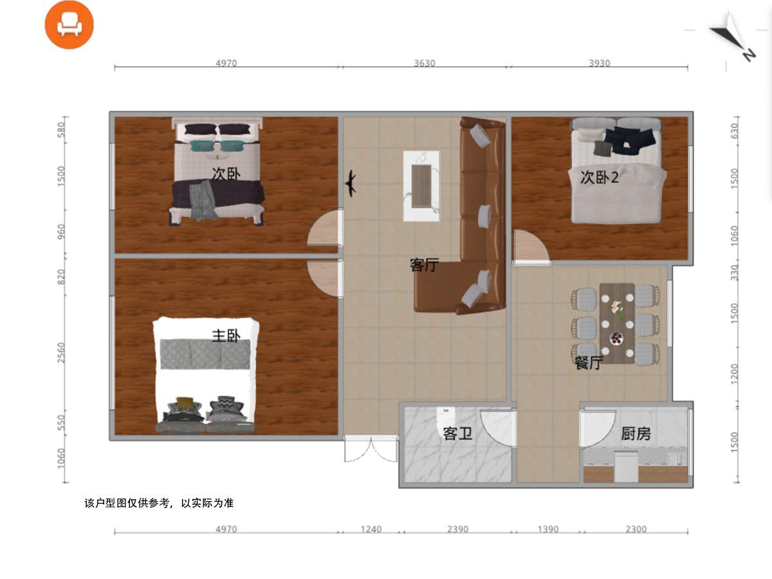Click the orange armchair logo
(x=69, y=24)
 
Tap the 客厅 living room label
(x=424, y=264)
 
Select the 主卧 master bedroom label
(x=226, y=336)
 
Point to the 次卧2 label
(x=600, y=177)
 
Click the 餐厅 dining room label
(x=589, y=362)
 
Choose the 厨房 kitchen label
(x=636, y=434)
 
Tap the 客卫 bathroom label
(x=457, y=434)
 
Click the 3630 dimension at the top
(x=425, y=63)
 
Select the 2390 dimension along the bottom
(x=457, y=529)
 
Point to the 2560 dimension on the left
(x=61, y=353)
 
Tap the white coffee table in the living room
(x=421, y=186)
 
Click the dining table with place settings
(x=617, y=324)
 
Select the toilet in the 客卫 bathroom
(x=446, y=415)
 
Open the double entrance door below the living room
(x=371, y=449)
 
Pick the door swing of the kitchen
(x=598, y=428)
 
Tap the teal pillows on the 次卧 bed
(x=217, y=145)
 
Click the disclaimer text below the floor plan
(x=159, y=503)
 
